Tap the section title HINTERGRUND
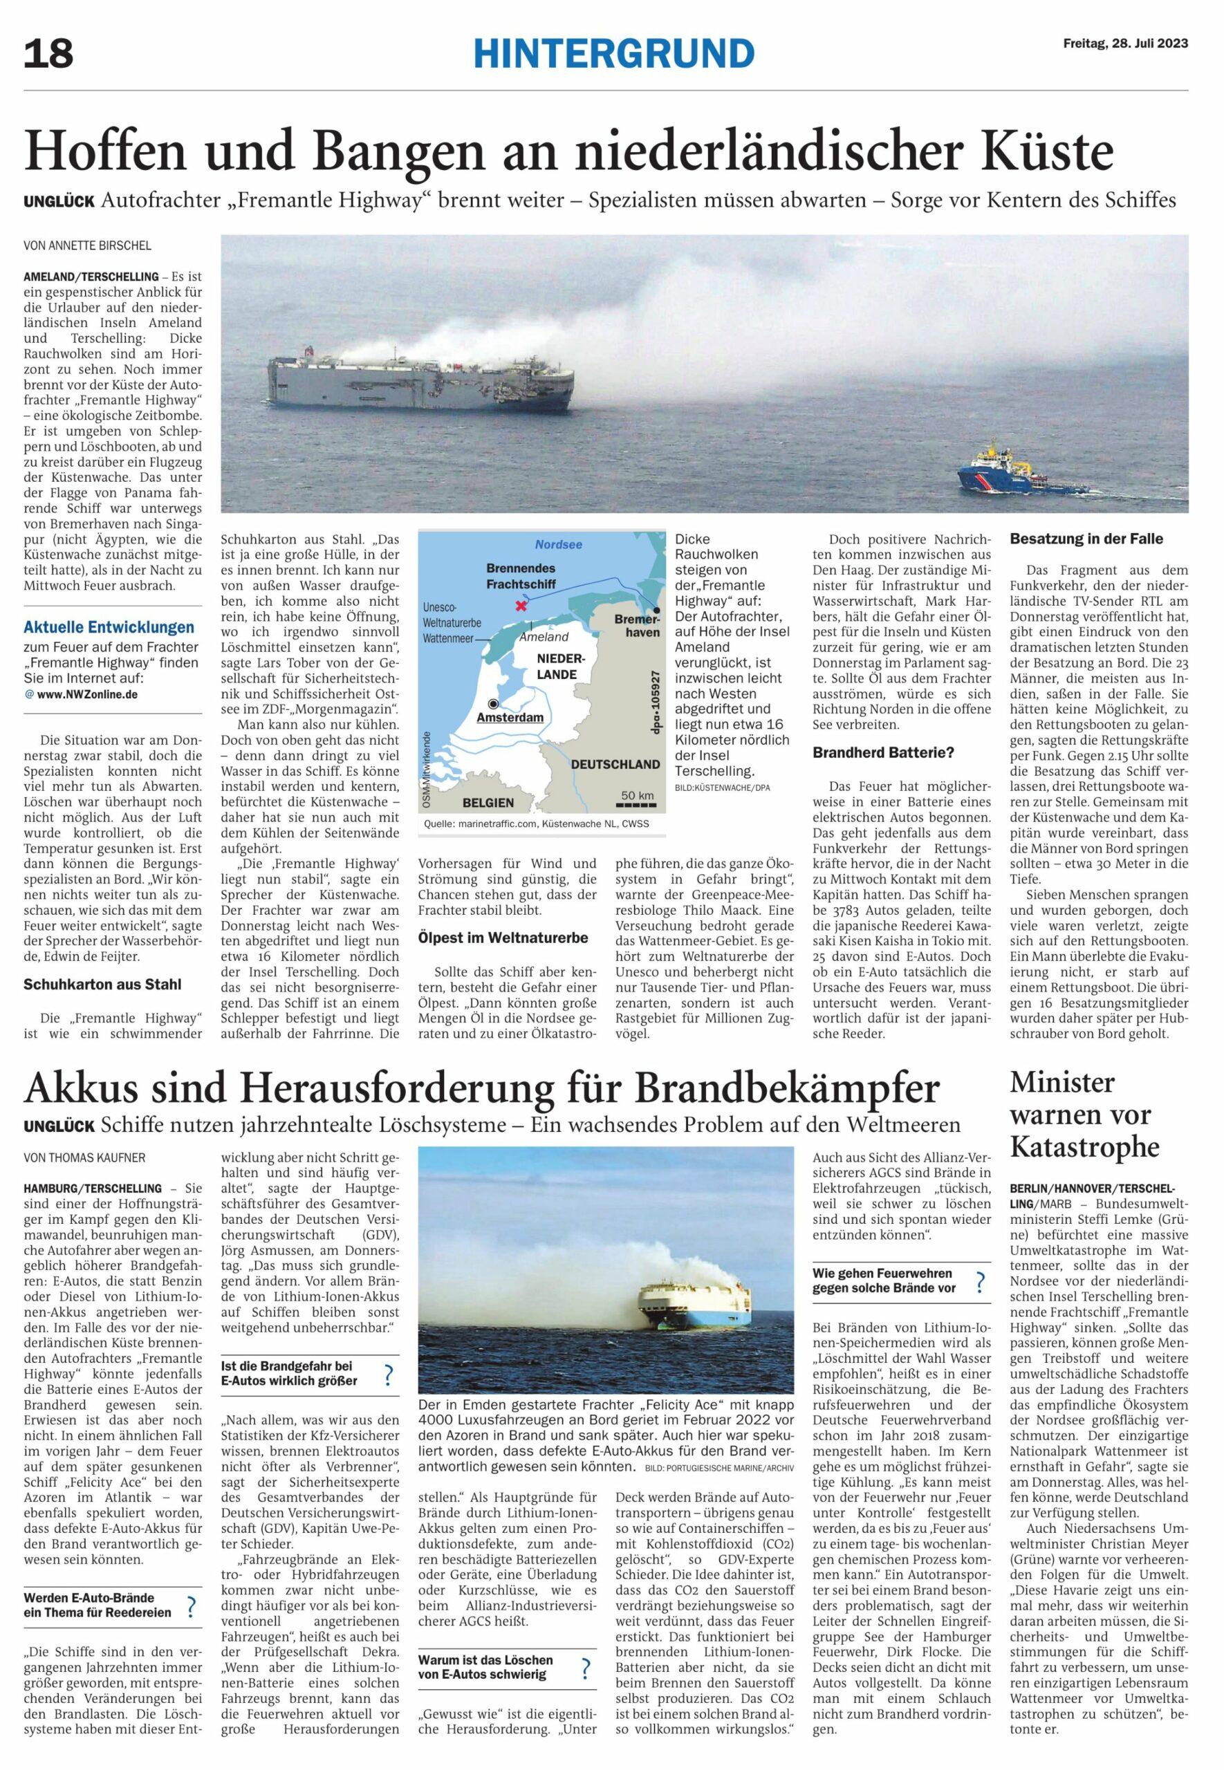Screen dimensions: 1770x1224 pyautogui.click(x=613, y=54)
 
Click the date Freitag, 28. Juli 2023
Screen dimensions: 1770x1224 pyautogui.click(x=1125, y=43)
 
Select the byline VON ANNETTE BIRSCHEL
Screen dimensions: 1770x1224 pyautogui.click(x=87, y=246)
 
